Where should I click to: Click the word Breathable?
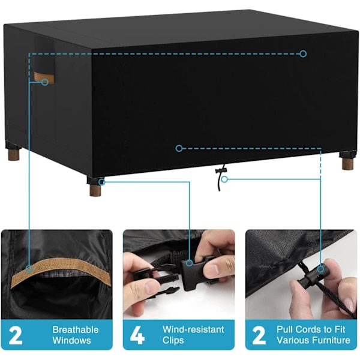76,329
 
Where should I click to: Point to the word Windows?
71,340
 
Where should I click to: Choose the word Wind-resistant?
193,329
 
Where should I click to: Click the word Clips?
173,340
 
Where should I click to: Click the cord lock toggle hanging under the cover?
221,170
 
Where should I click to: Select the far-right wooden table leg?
347,163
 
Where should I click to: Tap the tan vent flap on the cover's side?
44,77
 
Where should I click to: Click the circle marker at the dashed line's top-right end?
303,54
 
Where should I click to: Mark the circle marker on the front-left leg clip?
102,182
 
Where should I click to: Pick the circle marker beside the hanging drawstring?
224,179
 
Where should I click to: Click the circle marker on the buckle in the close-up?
189,263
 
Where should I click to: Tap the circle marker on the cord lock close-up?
321,269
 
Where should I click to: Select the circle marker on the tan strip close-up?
29,269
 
